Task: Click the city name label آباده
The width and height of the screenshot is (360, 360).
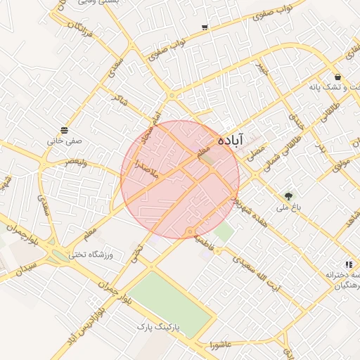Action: click(x=231, y=140)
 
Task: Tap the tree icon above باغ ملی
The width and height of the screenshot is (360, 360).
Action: click(x=288, y=195)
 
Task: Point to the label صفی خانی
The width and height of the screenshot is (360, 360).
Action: click(x=65, y=141)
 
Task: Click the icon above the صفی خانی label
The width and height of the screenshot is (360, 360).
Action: click(x=65, y=130)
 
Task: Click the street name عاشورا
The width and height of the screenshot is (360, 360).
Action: click(x=221, y=345)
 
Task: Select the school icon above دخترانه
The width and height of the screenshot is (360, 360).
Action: click(x=349, y=264)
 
